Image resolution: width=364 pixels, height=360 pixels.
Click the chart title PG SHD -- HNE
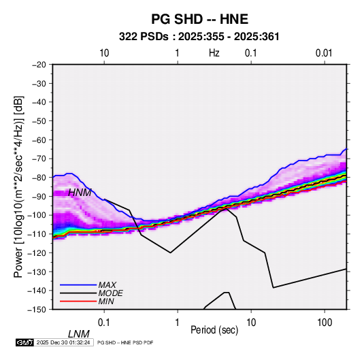(199, 19)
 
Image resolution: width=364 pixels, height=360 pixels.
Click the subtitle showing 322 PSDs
(199, 37)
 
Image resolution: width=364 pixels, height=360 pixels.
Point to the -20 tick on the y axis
(39, 65)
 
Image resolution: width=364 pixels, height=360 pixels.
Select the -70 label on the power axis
(39, 159)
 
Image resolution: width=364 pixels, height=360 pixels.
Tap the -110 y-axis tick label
(37, 234)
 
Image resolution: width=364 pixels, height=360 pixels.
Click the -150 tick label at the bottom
(37, 310)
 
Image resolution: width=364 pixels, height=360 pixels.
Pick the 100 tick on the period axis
(325, 323)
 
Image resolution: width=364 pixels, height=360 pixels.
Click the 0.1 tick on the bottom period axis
(104, 323)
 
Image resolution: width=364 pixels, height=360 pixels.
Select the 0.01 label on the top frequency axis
(324, 53)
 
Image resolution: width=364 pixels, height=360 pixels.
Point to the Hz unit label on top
(214, 53)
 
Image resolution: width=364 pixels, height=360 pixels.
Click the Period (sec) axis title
(214, 330)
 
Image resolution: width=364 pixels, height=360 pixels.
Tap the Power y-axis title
(18, 187)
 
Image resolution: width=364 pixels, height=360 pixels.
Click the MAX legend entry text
(107, 284)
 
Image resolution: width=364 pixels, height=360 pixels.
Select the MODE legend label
(110, 293)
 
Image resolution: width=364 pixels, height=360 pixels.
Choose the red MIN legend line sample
(78, 301)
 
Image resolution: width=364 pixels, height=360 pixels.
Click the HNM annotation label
(80, 193)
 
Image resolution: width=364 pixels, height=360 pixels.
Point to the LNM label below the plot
(79, 334)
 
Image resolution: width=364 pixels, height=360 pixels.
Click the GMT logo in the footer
(24, 342)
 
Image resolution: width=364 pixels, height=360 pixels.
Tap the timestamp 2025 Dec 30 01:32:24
(63, 342)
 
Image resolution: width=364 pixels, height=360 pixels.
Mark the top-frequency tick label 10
(104, 53)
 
